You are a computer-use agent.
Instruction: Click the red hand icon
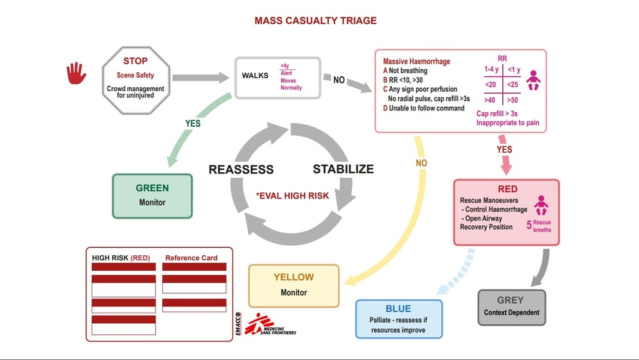click(x=76, y=72)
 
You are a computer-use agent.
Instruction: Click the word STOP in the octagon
click(x=135, y=61)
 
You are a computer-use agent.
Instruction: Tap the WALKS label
click(x=255, y=76)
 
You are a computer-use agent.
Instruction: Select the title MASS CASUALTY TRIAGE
click(x=316, y=21)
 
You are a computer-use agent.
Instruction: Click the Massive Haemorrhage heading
click(x=416, y=62)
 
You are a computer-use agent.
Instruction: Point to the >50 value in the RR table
click(x=512, y=100)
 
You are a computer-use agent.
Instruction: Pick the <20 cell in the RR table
click(x=490, y=84)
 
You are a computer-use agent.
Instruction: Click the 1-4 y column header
click(x=491, y=69)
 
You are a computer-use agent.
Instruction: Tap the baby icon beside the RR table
click(x=533, y=80)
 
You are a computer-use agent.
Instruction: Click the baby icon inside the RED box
click(x=541, y=205)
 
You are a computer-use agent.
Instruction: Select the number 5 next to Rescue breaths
click(x=529, y=226)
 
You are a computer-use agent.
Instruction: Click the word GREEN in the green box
click(x=152, y=188)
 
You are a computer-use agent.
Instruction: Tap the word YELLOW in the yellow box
click(x=294, y=277)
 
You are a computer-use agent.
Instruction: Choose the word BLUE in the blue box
click(x=398, y=309)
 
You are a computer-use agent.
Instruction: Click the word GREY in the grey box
click(x=510, y=300)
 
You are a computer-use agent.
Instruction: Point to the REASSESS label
click(x=241, y=170)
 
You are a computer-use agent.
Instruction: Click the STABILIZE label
click(x=343, y=169)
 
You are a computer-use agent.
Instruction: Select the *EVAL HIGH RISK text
click(x=292, y=196)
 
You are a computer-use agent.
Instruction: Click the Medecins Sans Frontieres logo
click(x=268, y=324)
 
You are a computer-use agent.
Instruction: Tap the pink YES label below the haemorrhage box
click(x=504, y=150)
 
